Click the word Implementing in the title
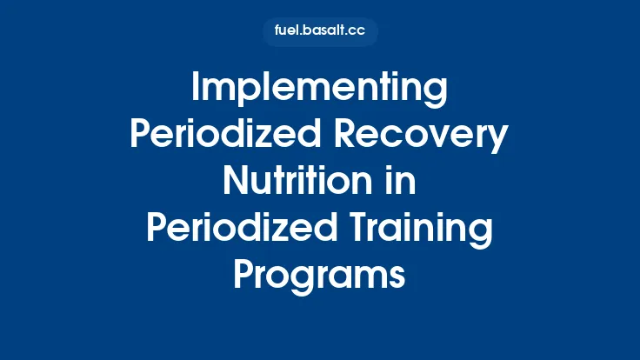pyautogui.click(x=319, y=90)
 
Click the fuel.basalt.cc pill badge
pyautogui.click(x=320, y=31)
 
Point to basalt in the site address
pyautogui.click(x=323, y=31)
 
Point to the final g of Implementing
pyautogui.click(x=437, y=95)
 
